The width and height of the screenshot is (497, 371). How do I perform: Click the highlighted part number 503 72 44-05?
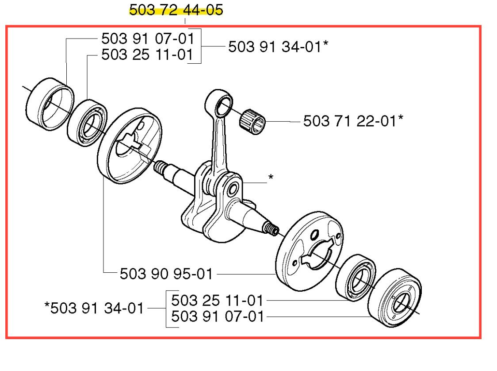coord(176,10)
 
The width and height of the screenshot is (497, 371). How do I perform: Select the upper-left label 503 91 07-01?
coord(147,39)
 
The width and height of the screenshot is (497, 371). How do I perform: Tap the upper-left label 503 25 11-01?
coord(147,54)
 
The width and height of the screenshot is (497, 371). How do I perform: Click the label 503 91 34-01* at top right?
coord(278,46)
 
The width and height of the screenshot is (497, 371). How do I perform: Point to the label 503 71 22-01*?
coord(353,121)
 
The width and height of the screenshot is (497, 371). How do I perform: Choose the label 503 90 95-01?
coord(166,274)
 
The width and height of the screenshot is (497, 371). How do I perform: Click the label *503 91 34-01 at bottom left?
coord(94,308)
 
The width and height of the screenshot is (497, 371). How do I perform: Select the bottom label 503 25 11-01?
coord(218,300)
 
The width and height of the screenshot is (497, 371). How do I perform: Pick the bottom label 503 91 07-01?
coord(218,317)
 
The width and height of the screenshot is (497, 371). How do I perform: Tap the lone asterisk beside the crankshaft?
coord(271,177)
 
